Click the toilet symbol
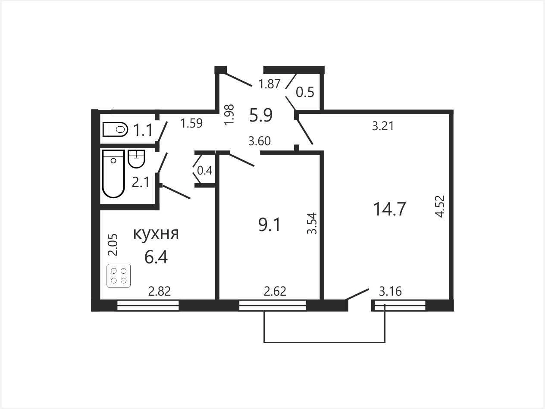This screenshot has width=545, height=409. (115, 129)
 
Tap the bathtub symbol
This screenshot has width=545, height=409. (113, 174)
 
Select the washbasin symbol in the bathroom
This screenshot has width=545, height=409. (136, 159)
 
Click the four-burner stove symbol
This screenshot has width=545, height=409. (119, 276)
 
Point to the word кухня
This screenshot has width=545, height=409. (156, 234)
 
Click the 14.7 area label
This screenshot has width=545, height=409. (390, 209)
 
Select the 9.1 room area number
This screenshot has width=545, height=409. (269, 225)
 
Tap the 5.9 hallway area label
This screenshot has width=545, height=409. (261, 115)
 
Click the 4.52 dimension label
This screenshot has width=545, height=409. (440, 206)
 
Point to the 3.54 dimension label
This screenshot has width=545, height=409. (312, 223)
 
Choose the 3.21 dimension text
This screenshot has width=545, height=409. (383, 126)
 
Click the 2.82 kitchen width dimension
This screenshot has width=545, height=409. (160, 291)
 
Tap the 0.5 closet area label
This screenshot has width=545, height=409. (305, 92)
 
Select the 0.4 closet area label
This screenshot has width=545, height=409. (205, 171)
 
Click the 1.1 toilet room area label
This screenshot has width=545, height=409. (143, 130)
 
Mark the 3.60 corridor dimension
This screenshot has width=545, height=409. (260, 141)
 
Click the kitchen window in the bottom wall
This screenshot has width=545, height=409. (148, 306)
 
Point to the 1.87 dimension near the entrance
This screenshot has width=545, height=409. (269, 84)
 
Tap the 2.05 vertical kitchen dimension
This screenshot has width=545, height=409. (113, 245)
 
